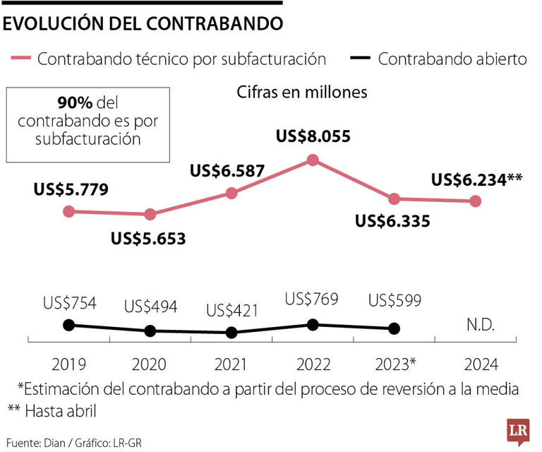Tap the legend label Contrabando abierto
(x=452, y=59)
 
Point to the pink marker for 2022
(x=313, y=160)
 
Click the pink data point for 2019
(x=68, y=211)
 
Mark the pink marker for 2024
(x=475, y=201)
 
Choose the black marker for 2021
(x=232, y=333)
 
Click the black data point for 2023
(x=395, y=328)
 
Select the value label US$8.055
(x=312, y=138)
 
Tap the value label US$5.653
(x=148, y=239)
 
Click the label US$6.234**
(x=476, y=179)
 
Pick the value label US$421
(x=232, y=310)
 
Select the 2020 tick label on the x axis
(x=150, y=364)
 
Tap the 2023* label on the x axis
(x=395, y=364)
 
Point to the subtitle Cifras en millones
(x=302, y=92)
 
